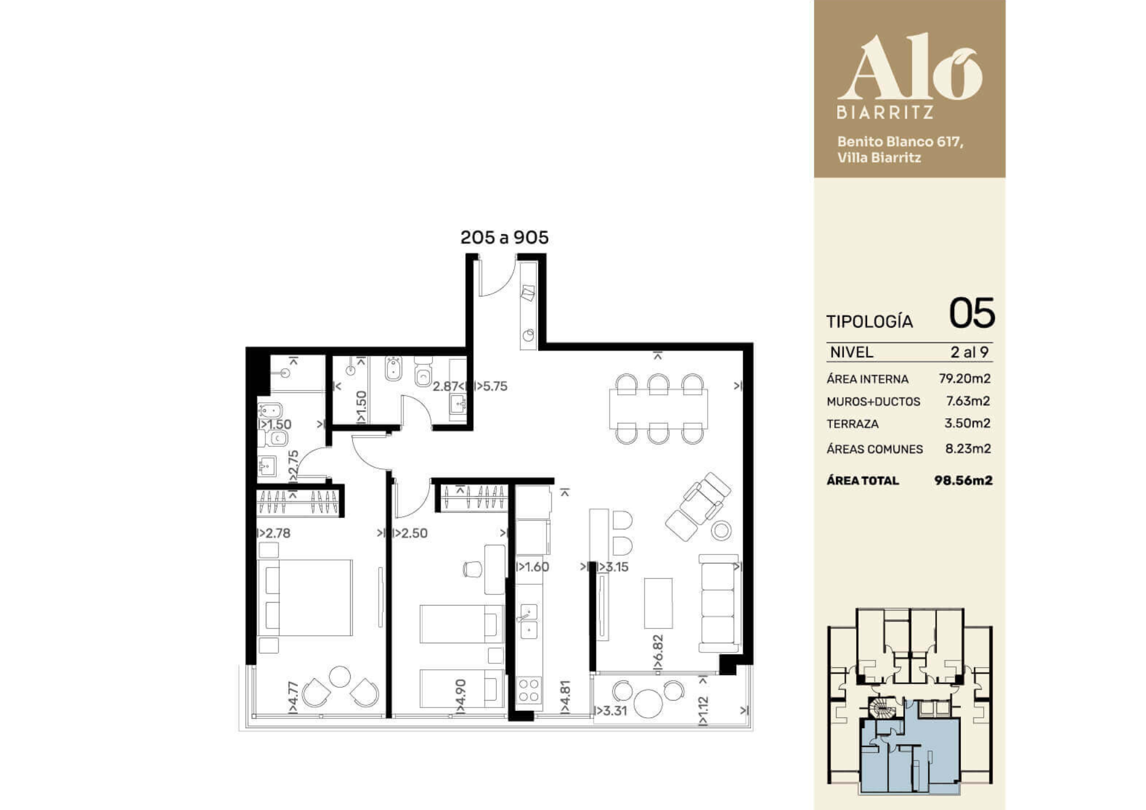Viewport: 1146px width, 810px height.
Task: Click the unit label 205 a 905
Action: (x=504, y=237)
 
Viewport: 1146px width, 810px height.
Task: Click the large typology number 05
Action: (x=972, y=313)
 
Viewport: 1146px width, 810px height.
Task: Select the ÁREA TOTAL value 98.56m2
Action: (x=963, y=480)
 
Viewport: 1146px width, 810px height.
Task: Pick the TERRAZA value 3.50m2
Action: (x=967, y=423)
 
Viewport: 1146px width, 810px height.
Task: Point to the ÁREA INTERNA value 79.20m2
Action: (x=965, y=379)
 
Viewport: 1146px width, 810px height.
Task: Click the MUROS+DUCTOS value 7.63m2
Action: (x=968, y=401)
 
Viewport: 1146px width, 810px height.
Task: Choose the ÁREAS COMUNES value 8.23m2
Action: (x=968, y=449)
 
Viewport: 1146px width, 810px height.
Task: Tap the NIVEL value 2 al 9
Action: (x=970, y=352)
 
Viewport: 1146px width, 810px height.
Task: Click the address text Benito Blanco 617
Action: (x=900, y=141)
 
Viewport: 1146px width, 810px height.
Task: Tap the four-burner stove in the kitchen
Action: (x=529, y=690)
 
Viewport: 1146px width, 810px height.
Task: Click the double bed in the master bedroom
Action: (x=305, y=597)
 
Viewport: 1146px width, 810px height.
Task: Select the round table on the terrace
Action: (x=648, y=703)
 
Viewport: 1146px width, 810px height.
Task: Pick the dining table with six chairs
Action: (x=658, y=408)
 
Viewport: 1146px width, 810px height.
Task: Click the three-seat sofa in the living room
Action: (x=719, y=603)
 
